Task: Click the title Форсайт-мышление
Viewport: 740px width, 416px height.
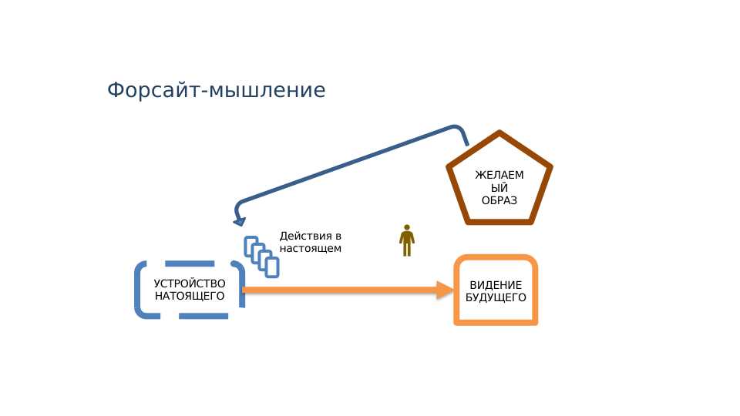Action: [216, 89]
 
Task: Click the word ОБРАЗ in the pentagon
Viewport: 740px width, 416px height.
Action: [499, 200]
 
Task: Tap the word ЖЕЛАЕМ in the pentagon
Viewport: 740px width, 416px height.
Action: [499, 175]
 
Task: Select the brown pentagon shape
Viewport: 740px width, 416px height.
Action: [499, 133]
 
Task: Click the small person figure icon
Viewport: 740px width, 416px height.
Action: [407, 240]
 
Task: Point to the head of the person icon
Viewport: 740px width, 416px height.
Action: [407, 227]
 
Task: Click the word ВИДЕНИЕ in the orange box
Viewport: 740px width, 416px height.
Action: [496, 285]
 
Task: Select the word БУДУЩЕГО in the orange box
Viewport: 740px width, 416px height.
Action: [496, 297]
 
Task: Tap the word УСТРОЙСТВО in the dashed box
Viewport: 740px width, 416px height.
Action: [190, 283]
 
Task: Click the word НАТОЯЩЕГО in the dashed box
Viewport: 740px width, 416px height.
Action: [190, 296]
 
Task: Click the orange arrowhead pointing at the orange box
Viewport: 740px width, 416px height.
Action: [445, 290]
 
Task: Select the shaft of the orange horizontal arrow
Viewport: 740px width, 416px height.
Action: [340, 290]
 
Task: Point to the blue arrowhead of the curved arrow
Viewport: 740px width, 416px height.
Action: [240, 221]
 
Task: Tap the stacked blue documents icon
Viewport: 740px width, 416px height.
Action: [261, 257]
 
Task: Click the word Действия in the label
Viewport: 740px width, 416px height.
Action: [306, 236]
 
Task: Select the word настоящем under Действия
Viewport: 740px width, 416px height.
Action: [310, 249]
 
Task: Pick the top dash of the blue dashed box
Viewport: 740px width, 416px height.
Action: [190, 263]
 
